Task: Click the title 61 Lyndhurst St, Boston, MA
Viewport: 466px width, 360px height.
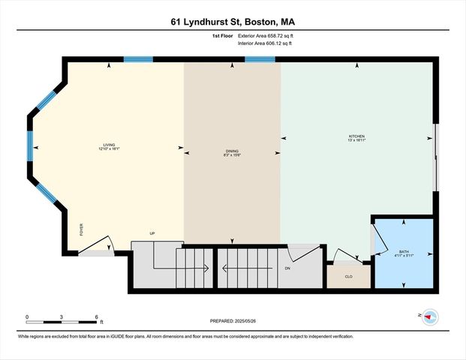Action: click(x=233, y=22)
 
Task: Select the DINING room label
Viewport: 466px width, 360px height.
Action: click(x=233, y=152)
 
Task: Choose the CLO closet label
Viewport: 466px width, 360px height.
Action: click(x=348, y=277)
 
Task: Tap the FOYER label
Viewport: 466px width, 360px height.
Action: click(x=82, y=229)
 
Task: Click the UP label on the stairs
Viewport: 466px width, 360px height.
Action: click(x=152, y=234)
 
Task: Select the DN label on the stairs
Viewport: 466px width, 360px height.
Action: click(x=287, y=268)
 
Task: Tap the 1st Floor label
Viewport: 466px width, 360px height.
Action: click(x=222, y=36)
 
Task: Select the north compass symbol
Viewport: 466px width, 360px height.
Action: click(x=428, y=317)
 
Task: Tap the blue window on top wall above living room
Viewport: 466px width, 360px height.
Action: click(x=138, y=59)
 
